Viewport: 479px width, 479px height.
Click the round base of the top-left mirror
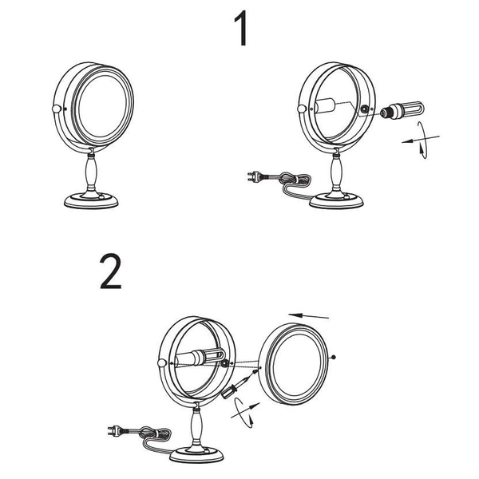pos(90,200)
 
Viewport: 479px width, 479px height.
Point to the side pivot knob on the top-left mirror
pos(55,109)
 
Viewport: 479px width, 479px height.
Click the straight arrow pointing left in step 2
pos(309,314)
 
